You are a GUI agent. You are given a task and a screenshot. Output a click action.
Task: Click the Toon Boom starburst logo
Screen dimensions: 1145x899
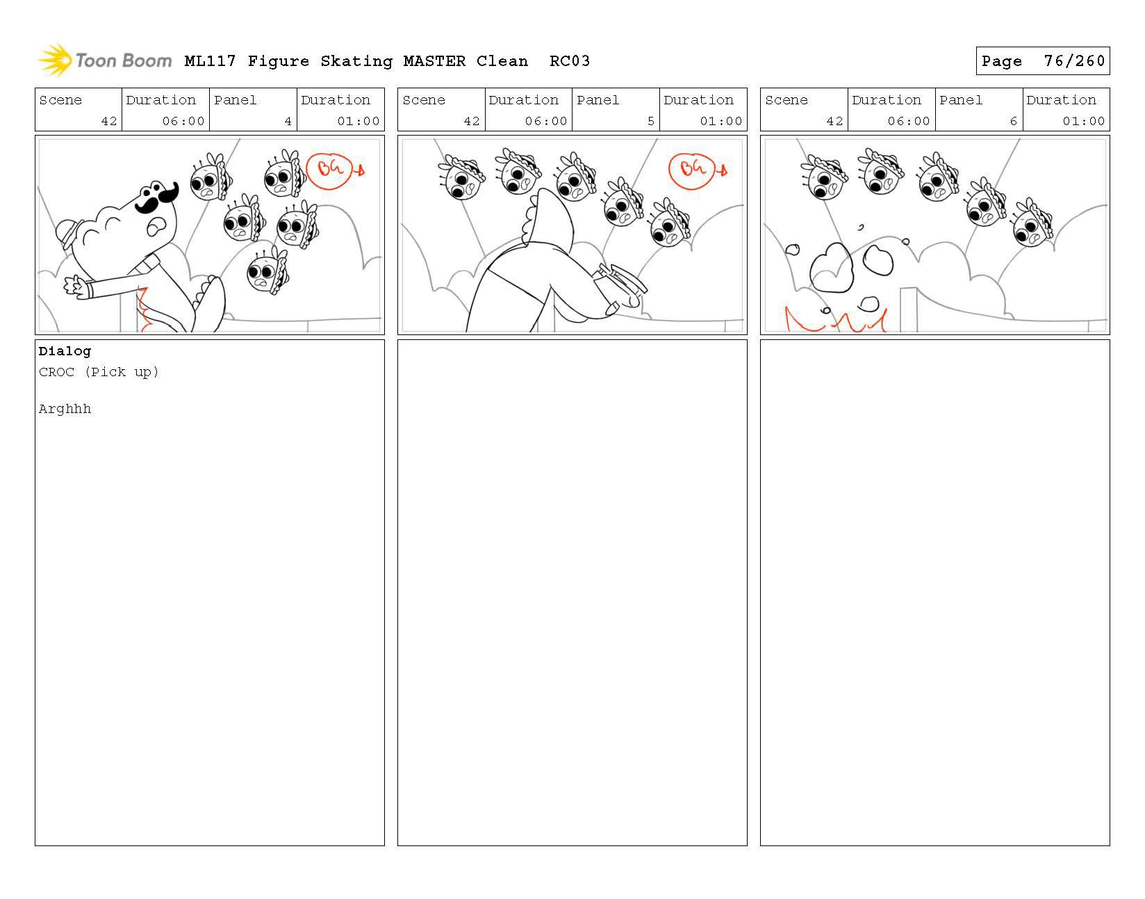[54, 60]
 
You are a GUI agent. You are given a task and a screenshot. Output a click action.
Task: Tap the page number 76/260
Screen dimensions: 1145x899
[1073, 61]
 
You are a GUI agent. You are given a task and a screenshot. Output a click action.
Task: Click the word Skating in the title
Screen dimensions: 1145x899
[356, 62]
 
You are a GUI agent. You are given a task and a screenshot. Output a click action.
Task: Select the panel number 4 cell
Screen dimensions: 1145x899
[253, 109]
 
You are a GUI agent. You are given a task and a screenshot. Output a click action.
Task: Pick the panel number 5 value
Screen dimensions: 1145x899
[650, 121]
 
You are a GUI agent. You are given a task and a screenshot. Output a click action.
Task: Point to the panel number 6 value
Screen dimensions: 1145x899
[1013, 121]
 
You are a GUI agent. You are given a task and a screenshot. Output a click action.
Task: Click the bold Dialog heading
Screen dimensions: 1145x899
[65, 351]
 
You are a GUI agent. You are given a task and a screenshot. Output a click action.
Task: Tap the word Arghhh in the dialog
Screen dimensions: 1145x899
[65, 409]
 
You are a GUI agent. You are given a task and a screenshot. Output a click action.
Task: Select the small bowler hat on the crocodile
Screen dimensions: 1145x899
[67, 232]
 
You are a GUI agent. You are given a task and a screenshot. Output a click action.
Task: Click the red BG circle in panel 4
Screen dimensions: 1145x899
[328, 171]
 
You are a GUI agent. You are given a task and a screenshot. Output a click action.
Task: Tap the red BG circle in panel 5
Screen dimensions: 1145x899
[691, 171]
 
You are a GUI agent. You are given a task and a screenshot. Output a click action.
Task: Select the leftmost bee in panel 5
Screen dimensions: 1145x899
[461, 177]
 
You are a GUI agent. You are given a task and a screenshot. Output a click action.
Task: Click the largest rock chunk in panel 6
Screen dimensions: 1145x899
[832, 268]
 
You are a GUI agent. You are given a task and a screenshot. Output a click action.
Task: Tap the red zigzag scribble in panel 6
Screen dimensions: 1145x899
[835, 319]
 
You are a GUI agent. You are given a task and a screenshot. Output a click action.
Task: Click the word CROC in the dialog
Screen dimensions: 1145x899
[56, 372]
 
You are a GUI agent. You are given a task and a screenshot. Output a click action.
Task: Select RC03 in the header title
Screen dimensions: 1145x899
[569, 62]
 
